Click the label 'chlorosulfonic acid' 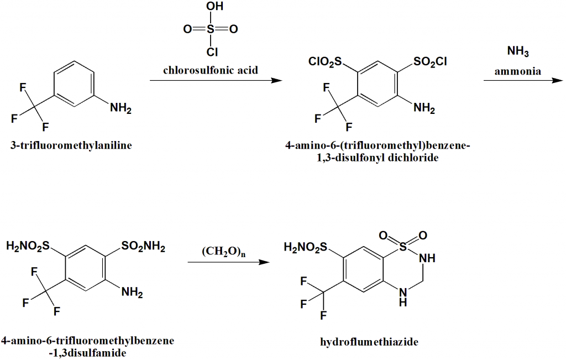pos(210,71)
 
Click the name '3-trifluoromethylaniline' pos(71,146)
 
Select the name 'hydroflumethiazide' pos(369,342)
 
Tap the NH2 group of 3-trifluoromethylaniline pos(120,108)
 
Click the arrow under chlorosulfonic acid pos(216,81)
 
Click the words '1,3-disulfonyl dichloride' pos(378,158)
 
